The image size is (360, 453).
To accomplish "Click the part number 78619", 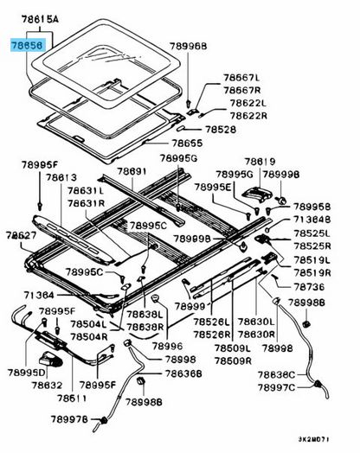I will (x=259, y=161).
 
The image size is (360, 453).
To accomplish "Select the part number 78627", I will (x=22, y=234).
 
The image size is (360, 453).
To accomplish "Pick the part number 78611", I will (x=74, y=399).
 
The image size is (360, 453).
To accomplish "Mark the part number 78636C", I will (x=304, y=374).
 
